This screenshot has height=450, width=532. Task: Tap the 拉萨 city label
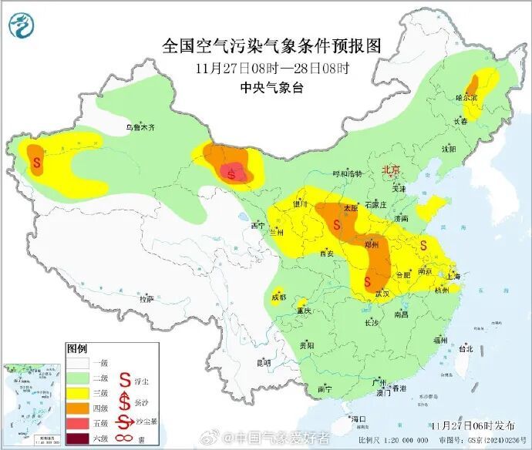point(146,298)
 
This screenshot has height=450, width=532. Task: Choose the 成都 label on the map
point(278,297)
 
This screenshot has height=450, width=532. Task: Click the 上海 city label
point(453,276)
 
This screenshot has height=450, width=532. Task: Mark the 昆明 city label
point(264,361)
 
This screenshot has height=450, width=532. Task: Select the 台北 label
point(465,348)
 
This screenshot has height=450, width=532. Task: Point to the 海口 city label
point(358,418)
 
